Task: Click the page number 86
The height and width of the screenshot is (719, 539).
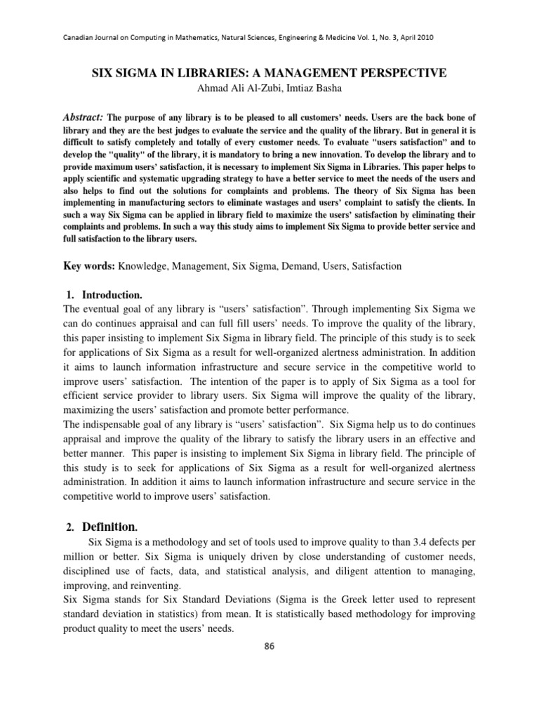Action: [269, 646]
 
